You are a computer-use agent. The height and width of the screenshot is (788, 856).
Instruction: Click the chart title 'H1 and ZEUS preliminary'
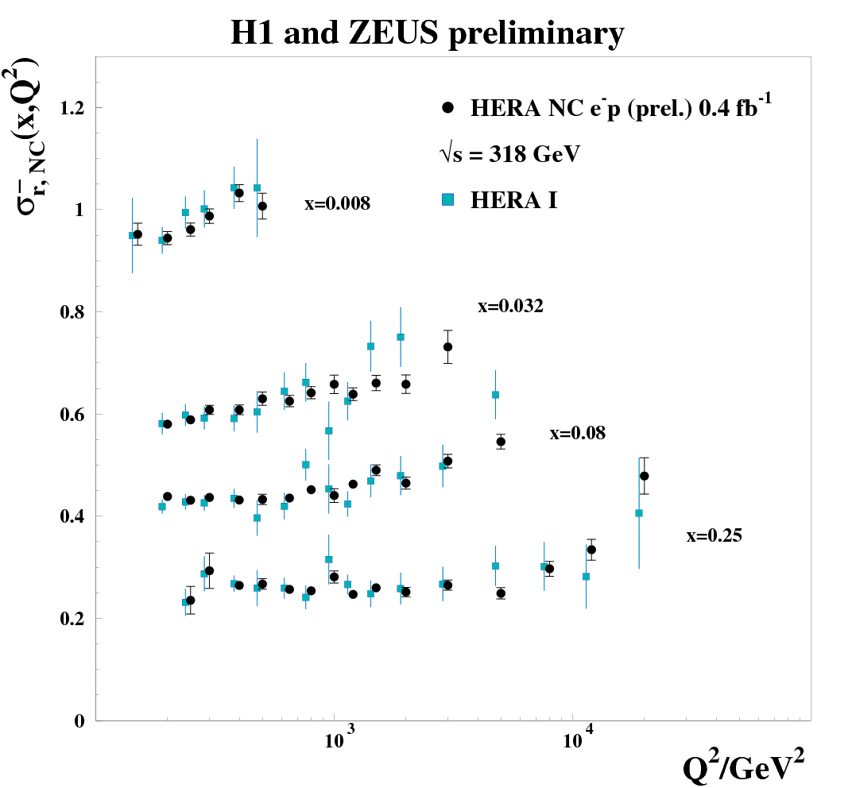tap(427, 34)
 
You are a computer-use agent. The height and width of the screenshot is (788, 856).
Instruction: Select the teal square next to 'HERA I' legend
tap(448, 200)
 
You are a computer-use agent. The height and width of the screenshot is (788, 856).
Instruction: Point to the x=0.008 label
tap(337, 204)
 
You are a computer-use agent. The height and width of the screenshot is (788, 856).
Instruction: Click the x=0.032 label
tap(510, 307)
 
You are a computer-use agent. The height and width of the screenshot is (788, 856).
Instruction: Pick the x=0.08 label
tap(577, 434)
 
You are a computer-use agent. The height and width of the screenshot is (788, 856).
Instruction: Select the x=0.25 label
tap(714, 536)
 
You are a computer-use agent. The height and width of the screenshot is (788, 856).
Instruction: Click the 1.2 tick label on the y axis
tap(72, 108)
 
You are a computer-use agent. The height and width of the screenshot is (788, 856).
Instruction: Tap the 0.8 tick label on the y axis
tap(72, 312)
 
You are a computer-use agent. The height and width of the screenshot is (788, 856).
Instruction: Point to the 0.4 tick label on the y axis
tap(72, 516)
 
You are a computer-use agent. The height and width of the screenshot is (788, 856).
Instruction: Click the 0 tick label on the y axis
tap(79, 720)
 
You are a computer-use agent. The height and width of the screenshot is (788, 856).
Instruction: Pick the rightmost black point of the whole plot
tap(644, 476)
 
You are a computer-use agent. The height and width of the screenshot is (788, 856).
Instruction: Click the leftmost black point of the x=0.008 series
tap(138, 234)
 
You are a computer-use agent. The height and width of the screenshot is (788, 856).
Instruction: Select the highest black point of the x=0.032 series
tap(447, 346)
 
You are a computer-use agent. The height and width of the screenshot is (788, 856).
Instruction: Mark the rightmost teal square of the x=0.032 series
tap(495, 395)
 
